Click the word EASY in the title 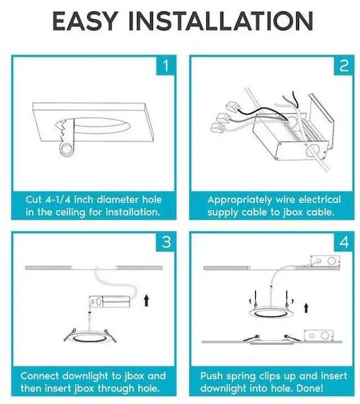85,21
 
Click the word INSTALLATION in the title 221,21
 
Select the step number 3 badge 165,242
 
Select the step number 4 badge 344,242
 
